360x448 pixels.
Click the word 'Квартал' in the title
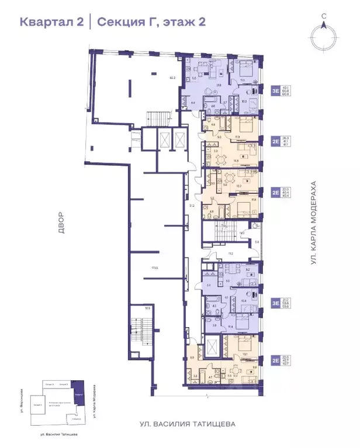coord(46,22)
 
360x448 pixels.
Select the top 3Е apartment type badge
coord(275,91)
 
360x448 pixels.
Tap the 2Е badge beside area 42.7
coord(275,360)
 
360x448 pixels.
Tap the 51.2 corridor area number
coord(191,206)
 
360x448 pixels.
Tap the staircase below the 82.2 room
coord(155,117)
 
